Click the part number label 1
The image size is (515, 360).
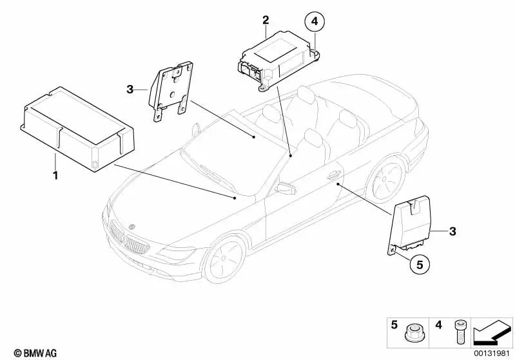(x=55, y=175)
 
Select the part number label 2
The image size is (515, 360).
(x=266, y=21)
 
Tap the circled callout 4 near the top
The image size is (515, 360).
(x=315, y=22)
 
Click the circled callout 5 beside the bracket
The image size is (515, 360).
(x=420, y=264)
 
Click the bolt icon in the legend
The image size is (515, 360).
(x=459, y=332)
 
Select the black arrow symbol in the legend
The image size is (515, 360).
(x=492, y=333)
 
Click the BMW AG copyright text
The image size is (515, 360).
(x=35, y=353)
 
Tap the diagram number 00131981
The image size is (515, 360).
(x=491, y=353)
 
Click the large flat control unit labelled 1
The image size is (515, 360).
(x=77, y=129)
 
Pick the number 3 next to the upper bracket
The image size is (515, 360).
(x=130, y=89)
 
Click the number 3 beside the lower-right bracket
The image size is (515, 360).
(x=452, y=231)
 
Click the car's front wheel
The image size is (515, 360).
(x=226, y=258)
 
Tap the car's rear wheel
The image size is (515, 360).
(x=387, y=178)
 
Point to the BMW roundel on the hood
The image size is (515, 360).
(x=132, y=227)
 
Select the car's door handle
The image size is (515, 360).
(x=334, y=176)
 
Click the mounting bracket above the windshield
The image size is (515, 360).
(x=171, y=91)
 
